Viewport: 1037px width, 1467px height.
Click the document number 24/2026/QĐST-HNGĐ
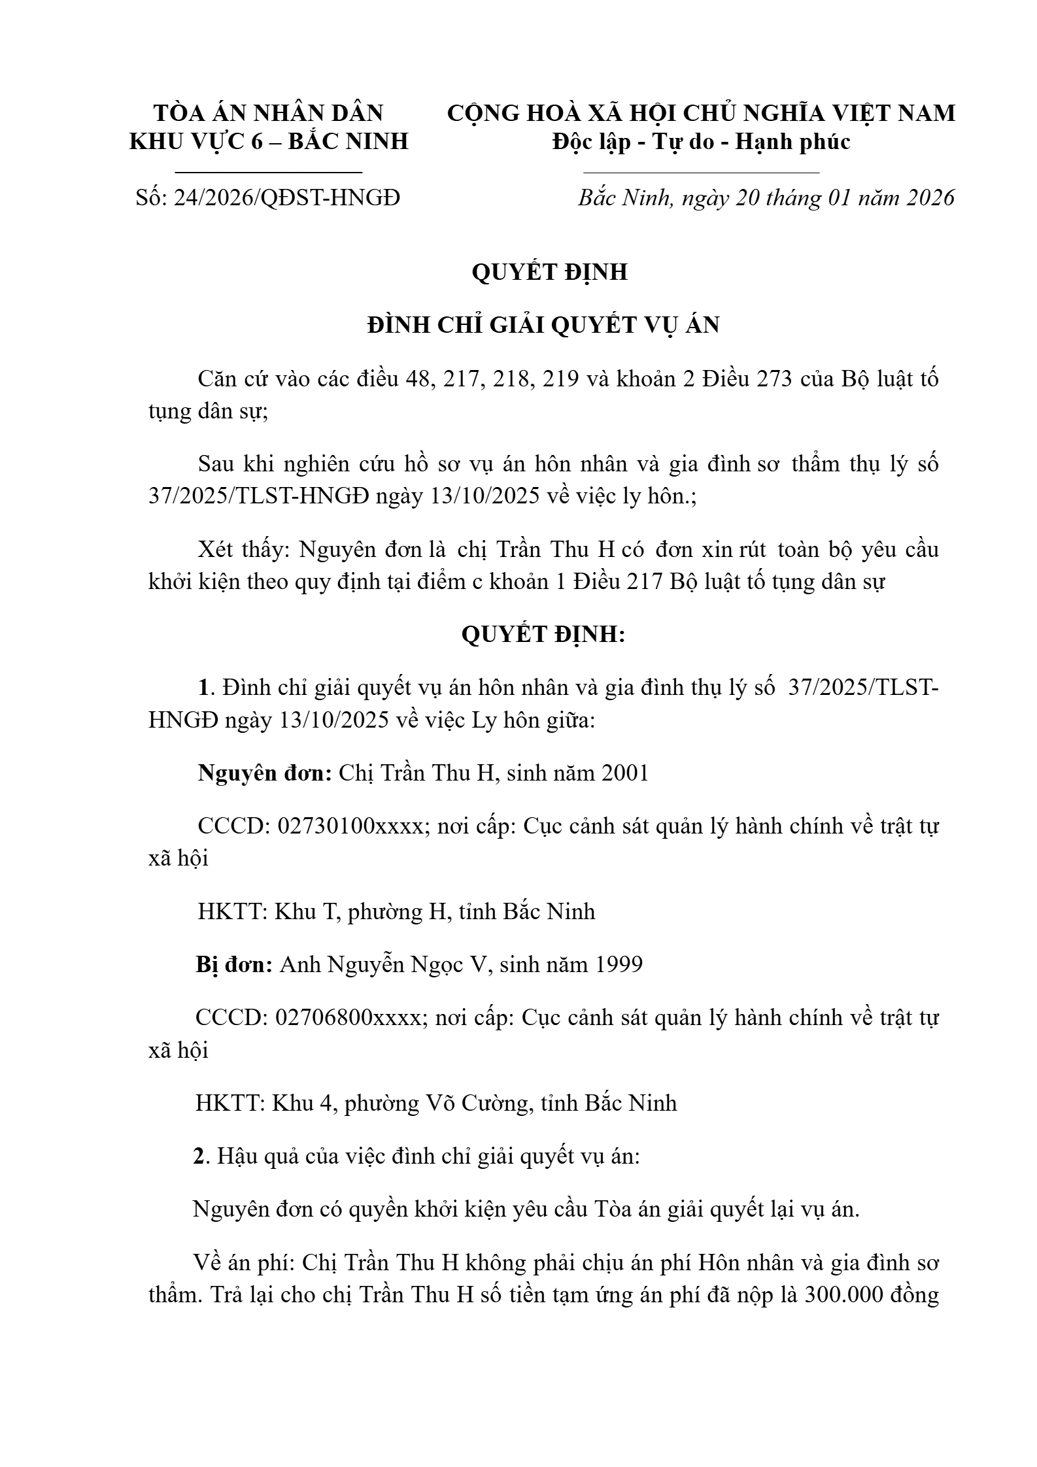pos(286,197)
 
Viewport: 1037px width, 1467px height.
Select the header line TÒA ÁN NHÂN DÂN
pos(269,113)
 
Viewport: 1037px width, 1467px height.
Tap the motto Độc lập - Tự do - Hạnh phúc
pos(701,141)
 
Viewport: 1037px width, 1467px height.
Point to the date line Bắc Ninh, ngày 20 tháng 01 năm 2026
pos(766,197)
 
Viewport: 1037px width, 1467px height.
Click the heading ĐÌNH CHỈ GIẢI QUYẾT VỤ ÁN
pos(543,325)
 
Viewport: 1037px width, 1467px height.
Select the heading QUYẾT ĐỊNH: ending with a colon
pos(543,634)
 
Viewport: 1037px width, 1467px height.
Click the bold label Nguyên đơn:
pos(265,773)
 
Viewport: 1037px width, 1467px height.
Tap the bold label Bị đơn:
pos(234,964)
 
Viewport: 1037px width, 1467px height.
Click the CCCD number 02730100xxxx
pos(350,826)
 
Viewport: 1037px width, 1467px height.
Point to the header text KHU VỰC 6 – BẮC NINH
pos(269,141)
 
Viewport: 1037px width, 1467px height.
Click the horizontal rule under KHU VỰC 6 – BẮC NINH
pos(269,172)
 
